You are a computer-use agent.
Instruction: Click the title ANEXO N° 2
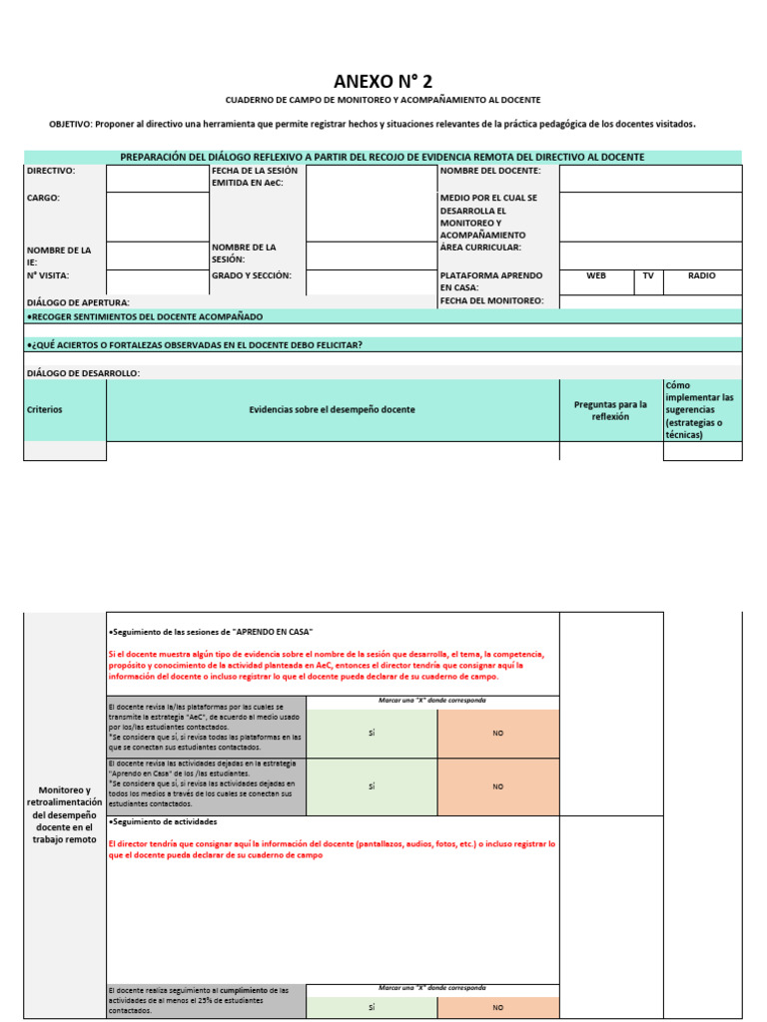[x=383, y=81]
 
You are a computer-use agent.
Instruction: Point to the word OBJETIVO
[x=70, y=124]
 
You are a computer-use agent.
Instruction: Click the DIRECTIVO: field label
[x=51, y=171]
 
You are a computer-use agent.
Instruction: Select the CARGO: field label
[x=43, y=198]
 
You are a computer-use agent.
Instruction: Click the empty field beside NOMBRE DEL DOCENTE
[x=650, y=178]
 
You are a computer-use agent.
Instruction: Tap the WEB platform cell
[x=596, y=275]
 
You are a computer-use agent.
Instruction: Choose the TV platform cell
[x=648, y=275]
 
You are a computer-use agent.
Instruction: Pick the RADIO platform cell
[x=702, y=275]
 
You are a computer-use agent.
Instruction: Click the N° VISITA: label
[x=48, y=275]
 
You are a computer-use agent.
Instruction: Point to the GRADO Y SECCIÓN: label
[x=252, y=275]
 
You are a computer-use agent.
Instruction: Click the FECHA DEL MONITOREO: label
[x=491, y=300]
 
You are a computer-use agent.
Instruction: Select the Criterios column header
[x=45, y=409]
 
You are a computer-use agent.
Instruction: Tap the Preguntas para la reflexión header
[x=610, y=410]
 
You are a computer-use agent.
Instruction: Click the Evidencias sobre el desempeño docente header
[x=332, y=409]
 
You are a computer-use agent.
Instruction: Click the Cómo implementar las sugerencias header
[x=701, y=409]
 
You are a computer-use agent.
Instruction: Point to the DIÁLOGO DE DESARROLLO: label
[x=83, y=373]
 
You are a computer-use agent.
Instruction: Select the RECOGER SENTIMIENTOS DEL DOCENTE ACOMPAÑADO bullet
[x=145, y=316]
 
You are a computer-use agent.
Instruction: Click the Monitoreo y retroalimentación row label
[x=64, y=814]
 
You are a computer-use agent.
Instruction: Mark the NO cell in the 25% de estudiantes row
[x=497, y=1007]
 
